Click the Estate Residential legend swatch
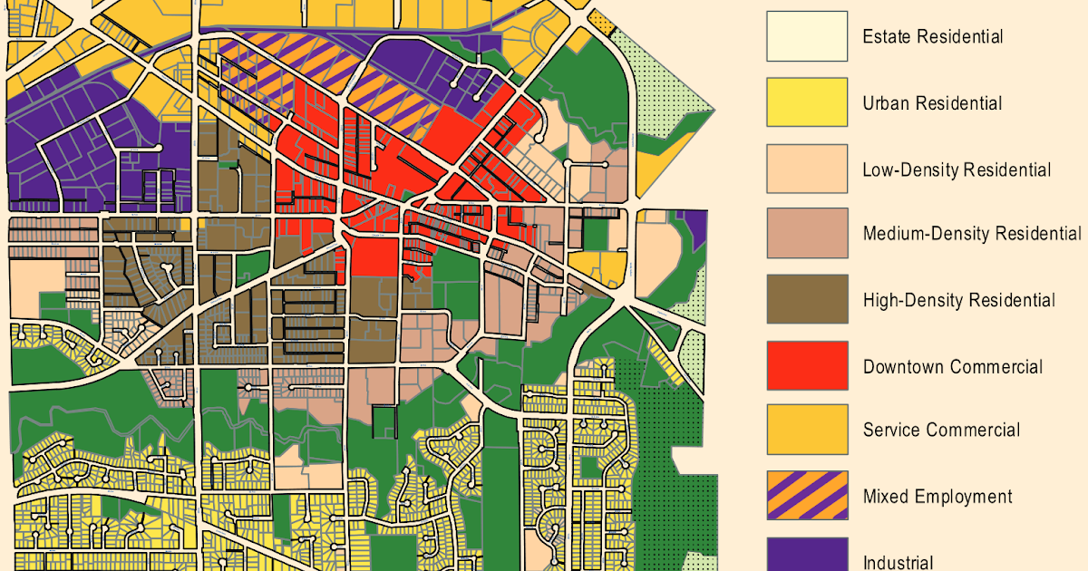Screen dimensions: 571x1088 pos(807,36)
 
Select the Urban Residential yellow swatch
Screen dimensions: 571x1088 pos(807,102)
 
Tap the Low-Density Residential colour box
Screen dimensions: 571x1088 pos(807,169)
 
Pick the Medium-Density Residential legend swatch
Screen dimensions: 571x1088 pos(807,234)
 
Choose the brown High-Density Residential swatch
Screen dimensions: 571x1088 pos(807,300)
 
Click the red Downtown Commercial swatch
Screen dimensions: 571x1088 pos(807,366)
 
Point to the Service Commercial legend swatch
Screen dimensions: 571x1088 pos(807,430)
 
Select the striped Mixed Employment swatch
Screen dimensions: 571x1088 pos(807,496)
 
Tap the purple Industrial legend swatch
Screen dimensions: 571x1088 pos(807,555)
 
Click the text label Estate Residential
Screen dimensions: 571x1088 pos(932,37)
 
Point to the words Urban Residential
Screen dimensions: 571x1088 pos(932,103)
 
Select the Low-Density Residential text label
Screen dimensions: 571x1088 pos(957,169)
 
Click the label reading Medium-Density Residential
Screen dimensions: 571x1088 pos(972,234)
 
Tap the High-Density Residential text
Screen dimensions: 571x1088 pos(958,300)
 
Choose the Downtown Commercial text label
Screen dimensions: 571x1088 pos(952,366)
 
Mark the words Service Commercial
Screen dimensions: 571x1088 pos(941,431)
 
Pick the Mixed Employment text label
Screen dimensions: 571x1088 pos(937,497)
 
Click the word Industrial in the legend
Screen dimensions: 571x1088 pos(898,562)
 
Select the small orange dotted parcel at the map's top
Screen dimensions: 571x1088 pos(600,20)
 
